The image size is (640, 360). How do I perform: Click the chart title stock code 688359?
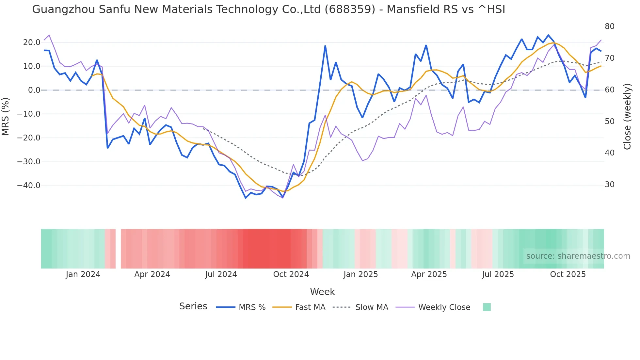point(350,9)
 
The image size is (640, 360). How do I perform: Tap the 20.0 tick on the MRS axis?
point(32,42)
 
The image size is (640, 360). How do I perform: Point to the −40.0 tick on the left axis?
point(29,186)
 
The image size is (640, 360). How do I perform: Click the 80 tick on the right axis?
point(609,26)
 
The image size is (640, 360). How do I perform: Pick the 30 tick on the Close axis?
point(609,185)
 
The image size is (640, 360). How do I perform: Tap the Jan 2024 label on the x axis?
point(83,274)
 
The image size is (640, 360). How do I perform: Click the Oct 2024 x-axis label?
point(291,274)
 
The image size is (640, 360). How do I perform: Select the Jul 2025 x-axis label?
point(498,274)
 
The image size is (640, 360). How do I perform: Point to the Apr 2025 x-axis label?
point(429,274)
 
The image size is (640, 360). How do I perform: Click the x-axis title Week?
point(322,292)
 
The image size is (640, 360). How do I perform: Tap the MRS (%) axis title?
point(5,116)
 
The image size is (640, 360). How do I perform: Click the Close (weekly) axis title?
point(627,116)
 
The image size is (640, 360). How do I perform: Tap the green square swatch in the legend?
point(487,307)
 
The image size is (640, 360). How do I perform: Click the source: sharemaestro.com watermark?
point(578,256)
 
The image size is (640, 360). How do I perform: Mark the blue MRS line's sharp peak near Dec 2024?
point(325,46)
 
